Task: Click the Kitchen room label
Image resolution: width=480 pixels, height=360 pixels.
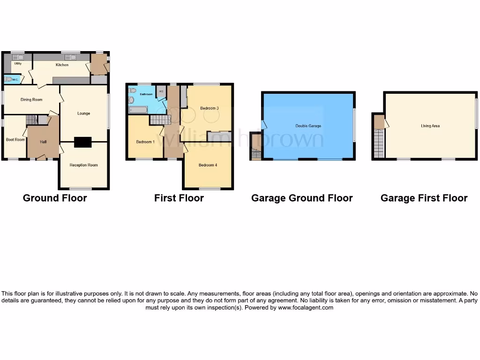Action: tap(62, 65)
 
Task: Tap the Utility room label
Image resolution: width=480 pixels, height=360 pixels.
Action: tap(18, 63)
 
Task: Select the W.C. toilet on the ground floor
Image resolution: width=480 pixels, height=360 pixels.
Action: tap(9, 79)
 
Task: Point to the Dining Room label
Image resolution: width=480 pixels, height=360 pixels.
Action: tap(31, 99)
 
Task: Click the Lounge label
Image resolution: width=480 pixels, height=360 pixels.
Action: tap(83, 113)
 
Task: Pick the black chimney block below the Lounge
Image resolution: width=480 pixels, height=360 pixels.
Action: tap(83, 142)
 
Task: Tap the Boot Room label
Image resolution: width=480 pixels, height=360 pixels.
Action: tap(15, 139)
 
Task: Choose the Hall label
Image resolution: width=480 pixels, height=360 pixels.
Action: tap(43, 142)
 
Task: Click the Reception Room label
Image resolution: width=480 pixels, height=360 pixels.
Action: tap(83, 165)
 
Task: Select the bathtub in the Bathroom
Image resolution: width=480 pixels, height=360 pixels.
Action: tap(138, 110)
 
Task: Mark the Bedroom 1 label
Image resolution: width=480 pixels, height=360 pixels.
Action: tap(145, 142)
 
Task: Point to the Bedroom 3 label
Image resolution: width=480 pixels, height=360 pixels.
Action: tap(210, 108)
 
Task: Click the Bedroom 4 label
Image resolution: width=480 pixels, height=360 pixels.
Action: tap(208, 165)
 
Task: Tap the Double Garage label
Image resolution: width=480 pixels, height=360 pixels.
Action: tap(308, 126)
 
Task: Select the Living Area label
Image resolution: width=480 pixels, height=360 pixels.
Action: tap(430, 126)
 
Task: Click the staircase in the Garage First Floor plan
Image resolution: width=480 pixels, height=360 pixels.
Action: tap(379, 143)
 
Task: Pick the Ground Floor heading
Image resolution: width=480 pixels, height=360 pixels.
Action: tap(55, 198)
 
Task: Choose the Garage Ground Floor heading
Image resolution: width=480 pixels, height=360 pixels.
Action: tap(302, 198)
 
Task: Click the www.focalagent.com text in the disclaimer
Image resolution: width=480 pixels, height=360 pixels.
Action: tap(306, 307)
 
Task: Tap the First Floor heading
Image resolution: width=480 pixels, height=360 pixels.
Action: tap(179, 198)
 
